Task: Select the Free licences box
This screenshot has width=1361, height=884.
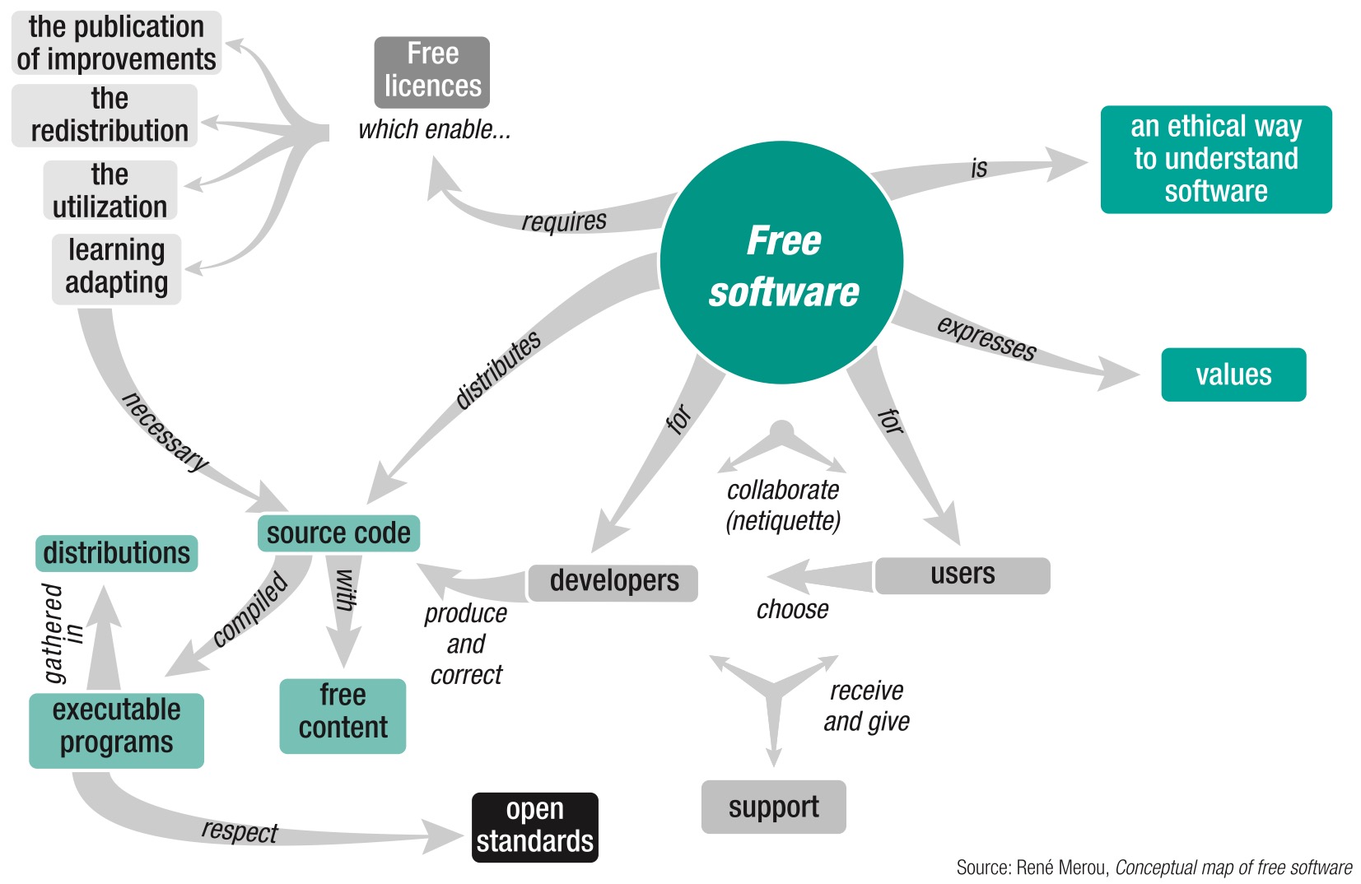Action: coord(432,71)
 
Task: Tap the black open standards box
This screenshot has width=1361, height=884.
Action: coord(534,826)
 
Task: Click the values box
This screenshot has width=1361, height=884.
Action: coord(1233,375)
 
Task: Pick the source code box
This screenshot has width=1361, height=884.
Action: coord(338,533)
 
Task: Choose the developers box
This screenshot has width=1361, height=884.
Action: coord(613,581)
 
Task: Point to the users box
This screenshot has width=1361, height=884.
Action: coord(962,575)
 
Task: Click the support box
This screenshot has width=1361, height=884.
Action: coord(773,807)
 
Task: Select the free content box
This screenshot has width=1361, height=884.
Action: coord(343,714)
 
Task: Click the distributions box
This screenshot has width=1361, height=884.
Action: coord(116,553)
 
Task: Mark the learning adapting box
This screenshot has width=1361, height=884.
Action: coord(116,268)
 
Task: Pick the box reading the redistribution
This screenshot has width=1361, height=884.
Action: coord(108,116)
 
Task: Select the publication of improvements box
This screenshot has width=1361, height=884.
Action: coord(116,43)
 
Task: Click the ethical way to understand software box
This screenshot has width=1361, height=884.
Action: coord(1215,159)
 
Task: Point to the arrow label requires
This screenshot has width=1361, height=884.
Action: coord(564,221)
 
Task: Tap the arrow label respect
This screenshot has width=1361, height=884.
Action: coord(240,830)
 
